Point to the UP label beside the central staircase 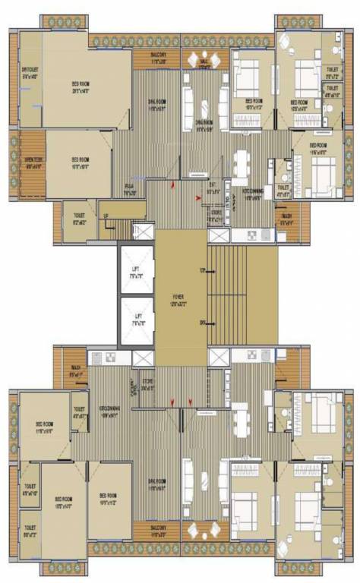point(201,270)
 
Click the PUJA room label point(130,191)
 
